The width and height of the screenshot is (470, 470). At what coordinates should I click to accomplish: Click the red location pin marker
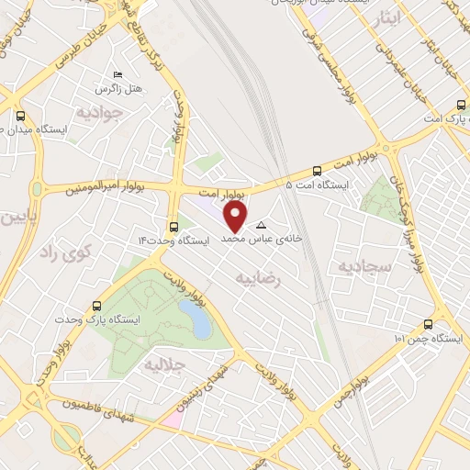coord(236,217)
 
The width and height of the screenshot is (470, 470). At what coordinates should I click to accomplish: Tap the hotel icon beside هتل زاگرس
coord(117,74)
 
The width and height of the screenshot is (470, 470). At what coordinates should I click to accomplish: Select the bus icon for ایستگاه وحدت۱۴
coord(173,225)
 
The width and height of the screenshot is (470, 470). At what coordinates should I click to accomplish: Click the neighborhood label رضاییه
coord(281,275)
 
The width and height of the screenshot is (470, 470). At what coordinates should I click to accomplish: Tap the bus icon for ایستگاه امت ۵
coord(318,170)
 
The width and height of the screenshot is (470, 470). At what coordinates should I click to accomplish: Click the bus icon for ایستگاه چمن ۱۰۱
coord(428,323)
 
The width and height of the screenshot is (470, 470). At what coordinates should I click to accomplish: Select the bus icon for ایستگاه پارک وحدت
coord(97,305)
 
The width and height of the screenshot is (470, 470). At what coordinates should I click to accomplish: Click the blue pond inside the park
coord(196,319)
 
